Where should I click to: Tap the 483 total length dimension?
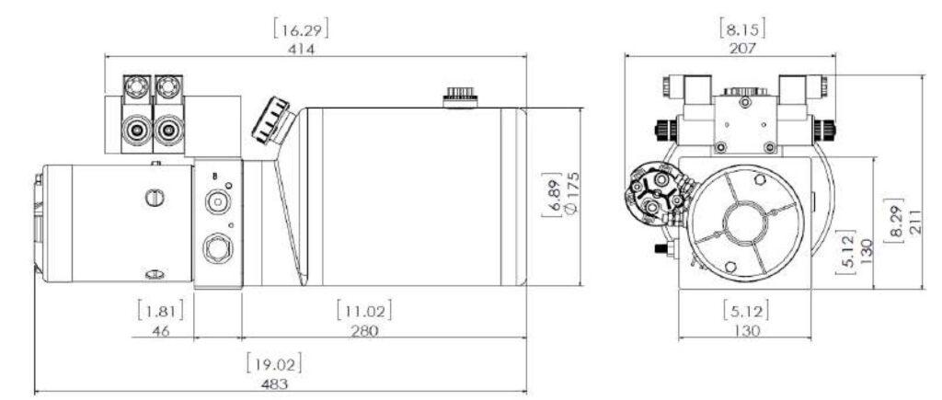click(277, 383)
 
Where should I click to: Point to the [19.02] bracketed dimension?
click(277, 362)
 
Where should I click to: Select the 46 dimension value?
click(161, 330)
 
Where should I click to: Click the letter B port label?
click(214, 177)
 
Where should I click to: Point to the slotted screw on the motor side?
click(154, 196)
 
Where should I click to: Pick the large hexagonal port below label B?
click(215, 246)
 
